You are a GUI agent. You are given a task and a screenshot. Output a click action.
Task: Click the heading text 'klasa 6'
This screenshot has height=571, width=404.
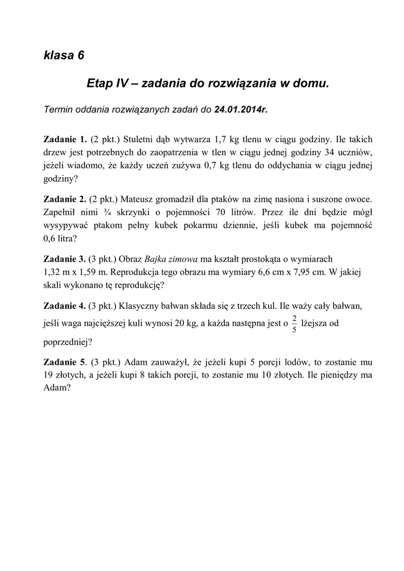64,55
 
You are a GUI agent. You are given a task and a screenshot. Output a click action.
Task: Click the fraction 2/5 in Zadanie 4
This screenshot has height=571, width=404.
295,323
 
